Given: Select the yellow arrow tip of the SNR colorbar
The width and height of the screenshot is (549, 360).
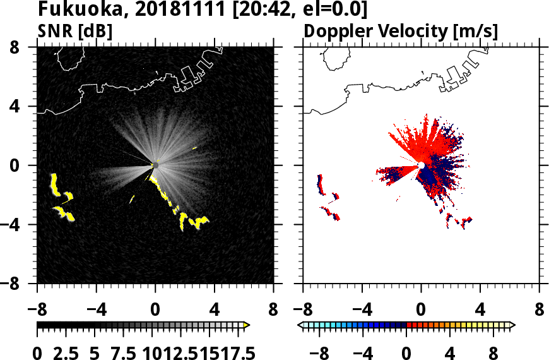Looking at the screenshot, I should coord(247,325).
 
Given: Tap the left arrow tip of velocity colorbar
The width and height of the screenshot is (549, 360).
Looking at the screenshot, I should coord(300,325).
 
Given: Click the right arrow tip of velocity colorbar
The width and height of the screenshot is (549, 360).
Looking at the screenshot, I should coord(512,325).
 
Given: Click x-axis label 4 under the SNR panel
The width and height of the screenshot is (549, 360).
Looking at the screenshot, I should coord(215,311).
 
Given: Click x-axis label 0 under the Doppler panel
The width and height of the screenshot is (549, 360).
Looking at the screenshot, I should coord(421,311).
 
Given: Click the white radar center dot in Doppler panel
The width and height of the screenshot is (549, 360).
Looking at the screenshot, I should coord(421,165).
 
